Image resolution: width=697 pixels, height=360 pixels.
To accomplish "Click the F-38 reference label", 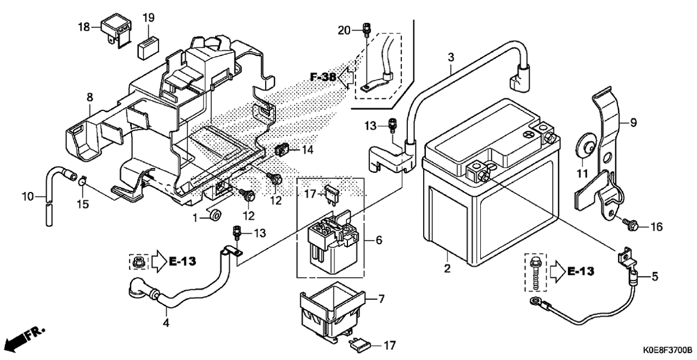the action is click(323, 77).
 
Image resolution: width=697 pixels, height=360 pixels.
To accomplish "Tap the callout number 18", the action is click(84, 27).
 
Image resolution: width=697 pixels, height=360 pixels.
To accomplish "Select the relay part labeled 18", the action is click(116, 31).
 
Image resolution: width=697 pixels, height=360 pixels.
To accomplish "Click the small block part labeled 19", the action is click(148, 48).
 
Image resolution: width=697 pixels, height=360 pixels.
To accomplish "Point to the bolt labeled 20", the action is click(367, 30).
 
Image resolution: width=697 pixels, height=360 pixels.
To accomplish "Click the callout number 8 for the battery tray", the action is click(89, 97).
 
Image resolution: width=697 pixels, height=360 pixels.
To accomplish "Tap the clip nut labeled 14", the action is click(282, 150).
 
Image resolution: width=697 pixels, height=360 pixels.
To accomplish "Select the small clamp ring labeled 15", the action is click(82, 180).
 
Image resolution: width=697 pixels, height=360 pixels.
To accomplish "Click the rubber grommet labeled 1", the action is click(215, 215).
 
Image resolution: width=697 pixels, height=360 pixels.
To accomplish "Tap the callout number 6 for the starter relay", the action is click(378, 240).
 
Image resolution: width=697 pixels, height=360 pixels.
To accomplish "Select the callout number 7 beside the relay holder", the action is click(381, 299).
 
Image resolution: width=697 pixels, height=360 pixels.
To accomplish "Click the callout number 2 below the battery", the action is click(447, 268).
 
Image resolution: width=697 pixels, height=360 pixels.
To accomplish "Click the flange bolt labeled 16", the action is click(630, 224).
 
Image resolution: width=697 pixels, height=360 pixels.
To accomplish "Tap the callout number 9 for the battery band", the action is click(633, 122).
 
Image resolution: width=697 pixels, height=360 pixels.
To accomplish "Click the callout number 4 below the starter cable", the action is click(166, 323).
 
